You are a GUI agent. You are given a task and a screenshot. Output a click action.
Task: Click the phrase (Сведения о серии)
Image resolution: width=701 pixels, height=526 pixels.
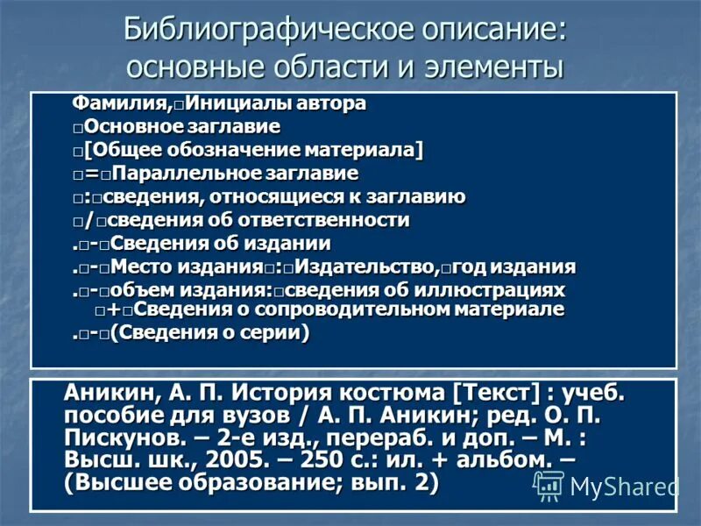[x=209, y=333]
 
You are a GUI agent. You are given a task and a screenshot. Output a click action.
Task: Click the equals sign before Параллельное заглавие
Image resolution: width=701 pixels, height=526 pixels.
[x=91, y=174]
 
